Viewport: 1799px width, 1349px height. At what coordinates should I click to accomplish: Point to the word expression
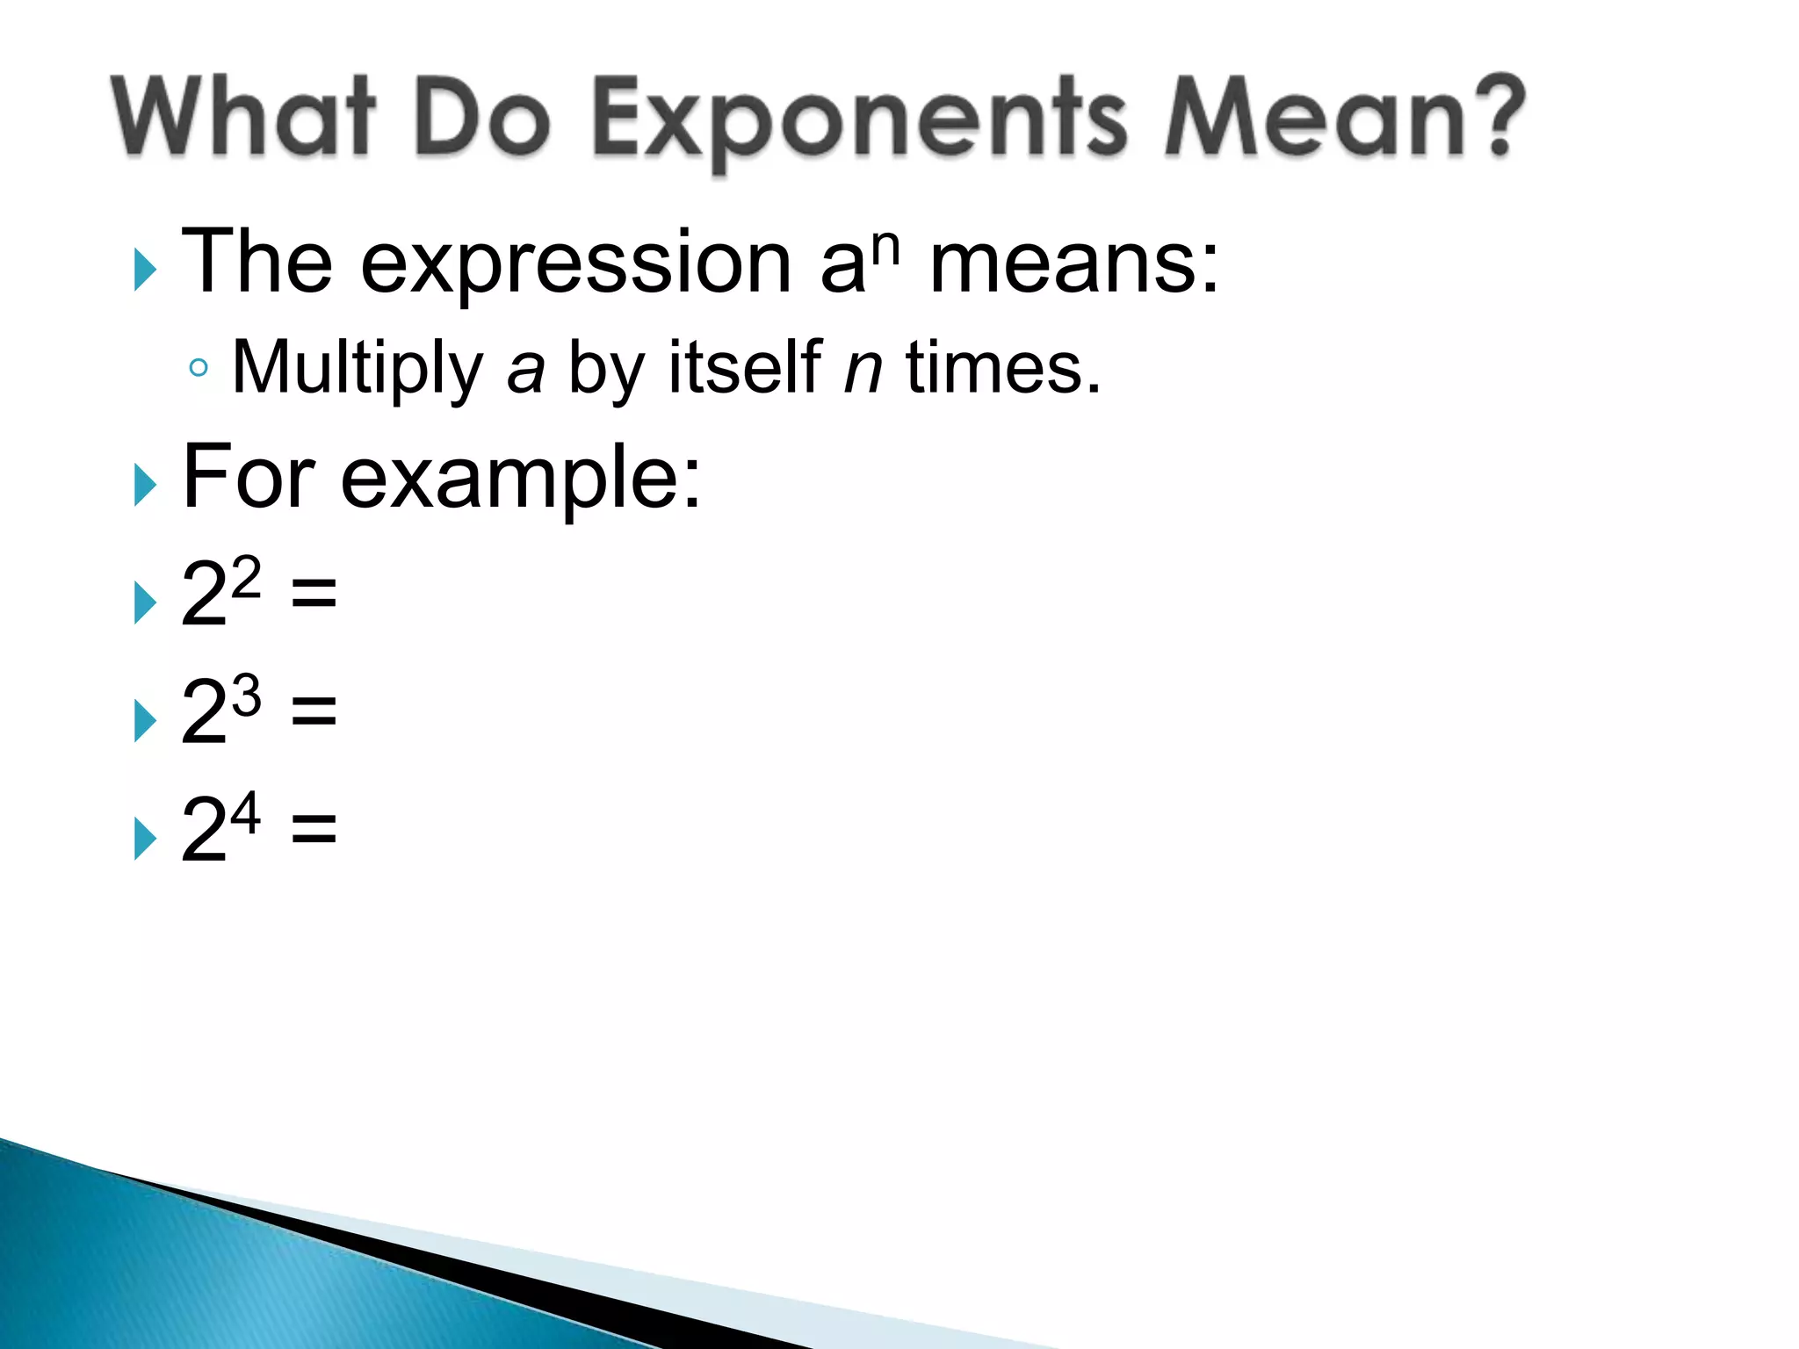point(575,263)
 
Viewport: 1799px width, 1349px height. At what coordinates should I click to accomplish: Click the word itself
point(745,367)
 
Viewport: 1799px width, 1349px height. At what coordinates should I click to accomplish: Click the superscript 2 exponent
point(246,577)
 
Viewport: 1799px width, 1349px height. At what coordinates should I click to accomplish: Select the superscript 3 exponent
point(246,696)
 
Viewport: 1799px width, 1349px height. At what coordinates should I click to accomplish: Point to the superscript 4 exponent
point(245,812)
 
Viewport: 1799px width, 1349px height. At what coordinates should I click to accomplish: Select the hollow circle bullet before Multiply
point(199,368)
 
